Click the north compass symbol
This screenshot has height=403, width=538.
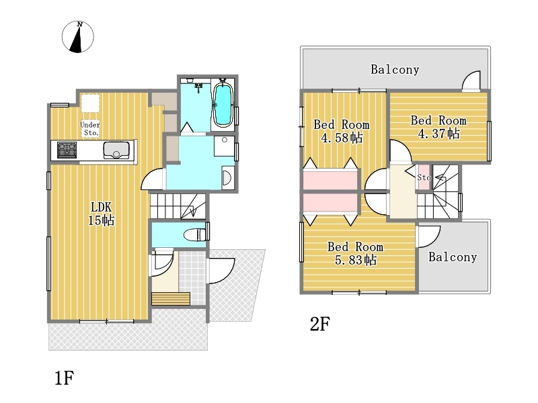point(77,37)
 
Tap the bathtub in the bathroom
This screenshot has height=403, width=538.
point(223,104)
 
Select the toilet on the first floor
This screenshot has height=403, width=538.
point(195,234)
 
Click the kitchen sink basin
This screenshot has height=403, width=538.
point(116,150)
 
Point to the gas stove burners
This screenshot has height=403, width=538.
point(67,150)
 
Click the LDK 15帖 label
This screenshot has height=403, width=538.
point(102,214)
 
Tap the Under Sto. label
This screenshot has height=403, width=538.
point(90,128)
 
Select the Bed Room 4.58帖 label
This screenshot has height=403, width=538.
point(342,131)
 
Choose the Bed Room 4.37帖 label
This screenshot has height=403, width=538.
point(439,127)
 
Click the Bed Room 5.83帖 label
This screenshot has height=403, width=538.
point(356,253)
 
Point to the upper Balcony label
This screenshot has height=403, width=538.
point(395,70)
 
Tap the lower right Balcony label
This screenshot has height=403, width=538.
point(453,257)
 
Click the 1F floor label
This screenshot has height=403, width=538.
point(65,378)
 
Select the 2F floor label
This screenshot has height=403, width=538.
point(320,324)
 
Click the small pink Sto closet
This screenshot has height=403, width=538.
point(424,177)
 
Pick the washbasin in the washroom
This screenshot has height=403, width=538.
point(227,177)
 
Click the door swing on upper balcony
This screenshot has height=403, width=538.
point(471,81)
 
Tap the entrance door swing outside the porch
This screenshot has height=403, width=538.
point(222,271)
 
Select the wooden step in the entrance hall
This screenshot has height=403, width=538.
point(171,299)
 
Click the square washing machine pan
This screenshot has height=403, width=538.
point(225,146)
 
